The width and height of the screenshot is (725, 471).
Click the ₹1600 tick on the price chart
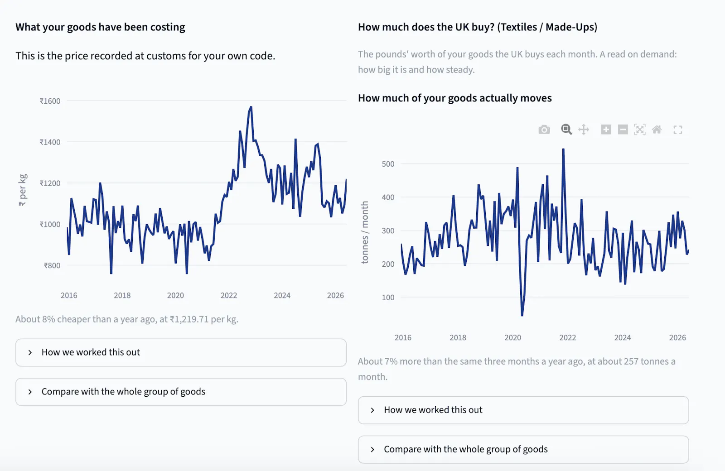tap(50, 101)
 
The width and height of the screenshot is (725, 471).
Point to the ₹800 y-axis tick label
tap(52, 265)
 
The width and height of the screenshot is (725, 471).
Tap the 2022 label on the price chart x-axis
tap(229, 295)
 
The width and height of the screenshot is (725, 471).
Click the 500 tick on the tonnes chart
tap(388, 164)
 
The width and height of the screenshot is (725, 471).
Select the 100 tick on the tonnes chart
tap(388, 298)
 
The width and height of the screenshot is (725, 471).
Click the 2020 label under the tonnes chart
tap(512, 338)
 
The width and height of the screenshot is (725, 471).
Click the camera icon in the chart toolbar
tap(544, 130)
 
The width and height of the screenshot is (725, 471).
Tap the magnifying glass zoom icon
tap(566, 130)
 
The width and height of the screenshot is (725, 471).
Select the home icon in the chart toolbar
tap(657, 130)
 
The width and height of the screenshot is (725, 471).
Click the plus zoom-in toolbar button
tap(606, 130)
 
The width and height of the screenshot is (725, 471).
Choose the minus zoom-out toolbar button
tap(623, 130)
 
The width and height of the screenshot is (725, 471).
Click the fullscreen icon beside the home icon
tap(678, 130)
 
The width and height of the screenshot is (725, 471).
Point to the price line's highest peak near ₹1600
tap(251, 107)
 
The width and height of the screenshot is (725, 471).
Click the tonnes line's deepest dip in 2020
tap(522, 315)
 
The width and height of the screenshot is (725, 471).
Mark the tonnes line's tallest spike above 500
tap(564, 149)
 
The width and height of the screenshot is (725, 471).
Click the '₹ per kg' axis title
tap(23, 190)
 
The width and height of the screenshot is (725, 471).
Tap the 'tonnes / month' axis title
tap(365, 232)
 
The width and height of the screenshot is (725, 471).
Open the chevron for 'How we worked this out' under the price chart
tap(30, 353)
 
